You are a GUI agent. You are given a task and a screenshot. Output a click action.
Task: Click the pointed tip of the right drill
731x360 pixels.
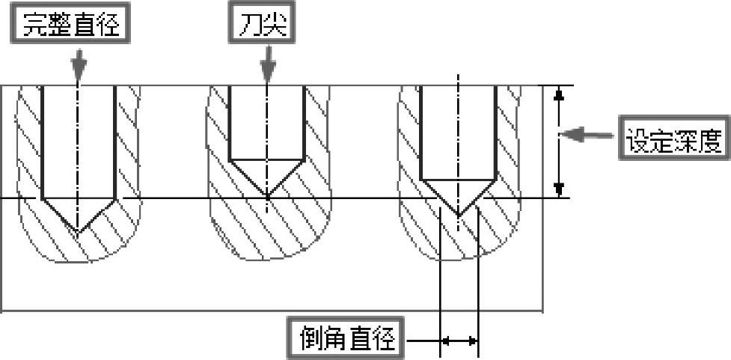click(x=458, y=216)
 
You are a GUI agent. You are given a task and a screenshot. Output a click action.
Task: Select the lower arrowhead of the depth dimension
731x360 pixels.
click(x=558, y=189)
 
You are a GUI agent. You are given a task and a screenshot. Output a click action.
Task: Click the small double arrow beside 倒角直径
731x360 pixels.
click(x=459, y=341)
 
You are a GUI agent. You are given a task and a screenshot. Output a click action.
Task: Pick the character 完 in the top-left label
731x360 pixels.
click(x=36, y=24)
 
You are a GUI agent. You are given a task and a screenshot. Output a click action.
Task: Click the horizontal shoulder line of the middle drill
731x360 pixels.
click(x=266, y=159)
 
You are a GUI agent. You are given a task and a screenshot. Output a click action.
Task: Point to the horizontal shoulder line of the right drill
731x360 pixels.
click(x=458, y=179)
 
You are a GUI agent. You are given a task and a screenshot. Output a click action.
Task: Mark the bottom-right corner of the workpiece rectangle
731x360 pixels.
click(x=542, y=311)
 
